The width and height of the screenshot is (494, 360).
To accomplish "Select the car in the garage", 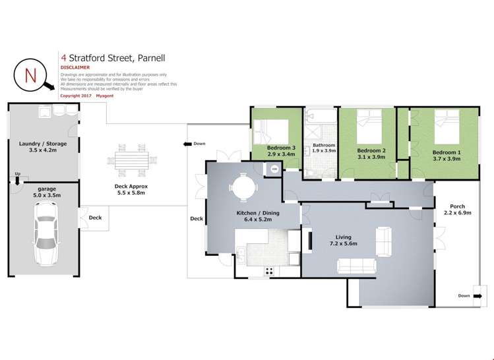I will pos(46,231).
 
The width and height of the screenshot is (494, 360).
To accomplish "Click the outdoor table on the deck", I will pos(133,160).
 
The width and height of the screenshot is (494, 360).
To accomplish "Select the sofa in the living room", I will pos(357,266).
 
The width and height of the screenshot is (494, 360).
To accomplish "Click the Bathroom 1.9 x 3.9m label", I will pos(324,148).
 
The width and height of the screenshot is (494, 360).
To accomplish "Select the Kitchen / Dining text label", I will pos(255,213).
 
